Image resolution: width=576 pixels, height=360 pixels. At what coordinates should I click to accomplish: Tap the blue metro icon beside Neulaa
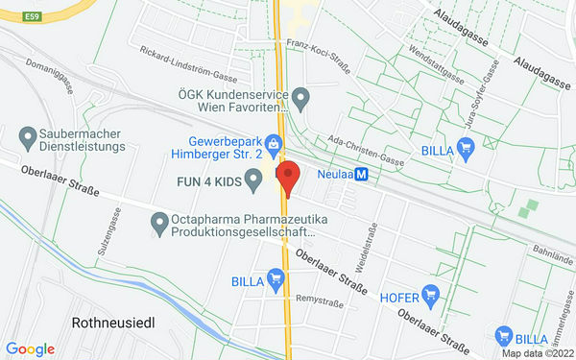[x=361, y=175]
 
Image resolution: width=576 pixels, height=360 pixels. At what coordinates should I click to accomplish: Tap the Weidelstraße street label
[x=366, y=246]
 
